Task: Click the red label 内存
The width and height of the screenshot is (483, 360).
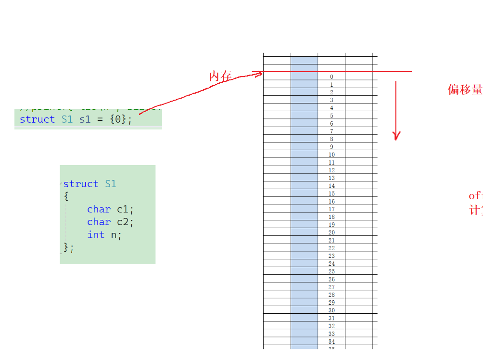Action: (x=220, y=76)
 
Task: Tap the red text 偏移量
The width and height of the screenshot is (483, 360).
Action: (x=465, y=90)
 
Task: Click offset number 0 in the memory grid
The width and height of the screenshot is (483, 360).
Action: (x=331, y=77)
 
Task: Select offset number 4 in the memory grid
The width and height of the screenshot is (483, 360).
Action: (x=331, y=108)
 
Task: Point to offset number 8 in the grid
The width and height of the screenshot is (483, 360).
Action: (x=331, y=139)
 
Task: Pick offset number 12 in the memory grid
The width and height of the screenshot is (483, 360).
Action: (x=331, y=170)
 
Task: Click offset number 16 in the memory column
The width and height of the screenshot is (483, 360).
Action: (x=331, y=202)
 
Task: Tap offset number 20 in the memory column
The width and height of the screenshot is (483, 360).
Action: (x=331, y=232)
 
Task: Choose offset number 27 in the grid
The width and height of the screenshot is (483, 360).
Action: (x=331, y=287)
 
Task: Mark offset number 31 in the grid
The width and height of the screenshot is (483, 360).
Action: (x=331, y=318)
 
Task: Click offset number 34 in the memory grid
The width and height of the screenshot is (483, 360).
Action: (x=331, y=342)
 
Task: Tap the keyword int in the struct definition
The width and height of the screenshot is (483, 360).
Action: (x=96, y=235)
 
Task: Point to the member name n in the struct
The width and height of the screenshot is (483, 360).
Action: (x=114, y=235)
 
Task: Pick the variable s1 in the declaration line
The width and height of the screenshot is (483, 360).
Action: (x=85, y=119)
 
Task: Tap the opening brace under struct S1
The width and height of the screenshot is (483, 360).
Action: (x=66, y=196)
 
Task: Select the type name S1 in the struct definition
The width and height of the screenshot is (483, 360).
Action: (x=111, y=184)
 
